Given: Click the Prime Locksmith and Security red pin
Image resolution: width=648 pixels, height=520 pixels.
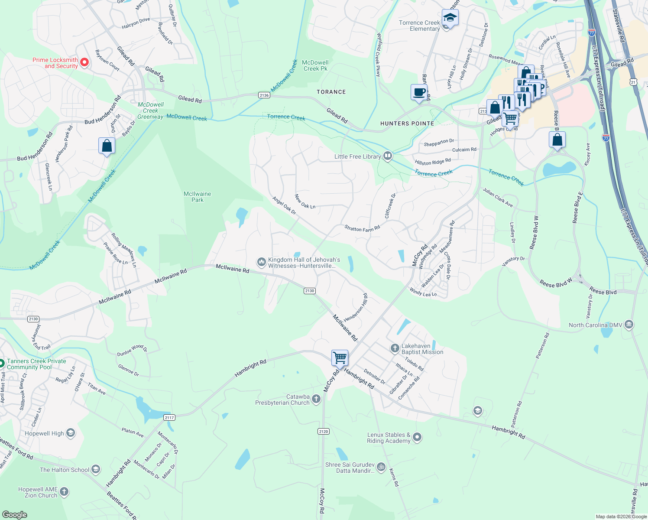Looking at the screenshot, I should coord(85,62).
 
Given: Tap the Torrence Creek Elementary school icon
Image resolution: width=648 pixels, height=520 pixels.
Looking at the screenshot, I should coord(450,18).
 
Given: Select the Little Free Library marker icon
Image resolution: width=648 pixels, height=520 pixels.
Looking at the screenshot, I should coord(388,156).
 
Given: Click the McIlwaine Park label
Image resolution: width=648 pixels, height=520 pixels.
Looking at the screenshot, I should coord(198,197).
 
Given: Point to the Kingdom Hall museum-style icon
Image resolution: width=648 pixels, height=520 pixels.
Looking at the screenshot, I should coord(261,262).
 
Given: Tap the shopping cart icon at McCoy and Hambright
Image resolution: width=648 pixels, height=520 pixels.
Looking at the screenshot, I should coord(340,357).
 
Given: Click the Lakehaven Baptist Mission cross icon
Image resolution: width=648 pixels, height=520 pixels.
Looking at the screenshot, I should coord(395,348).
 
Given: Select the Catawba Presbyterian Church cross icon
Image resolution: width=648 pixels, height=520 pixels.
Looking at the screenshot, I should coord(316,399).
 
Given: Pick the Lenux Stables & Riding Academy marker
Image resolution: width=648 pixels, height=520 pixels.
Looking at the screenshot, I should coord(417,437).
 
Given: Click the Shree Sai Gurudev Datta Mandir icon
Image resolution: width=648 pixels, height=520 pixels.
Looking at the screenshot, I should coord(381,467).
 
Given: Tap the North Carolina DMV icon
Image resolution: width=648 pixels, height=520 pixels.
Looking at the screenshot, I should coord(629,324).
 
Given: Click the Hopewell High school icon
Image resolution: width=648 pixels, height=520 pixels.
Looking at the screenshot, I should coord(71,433).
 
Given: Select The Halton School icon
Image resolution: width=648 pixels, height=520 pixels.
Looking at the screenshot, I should coord(96,469).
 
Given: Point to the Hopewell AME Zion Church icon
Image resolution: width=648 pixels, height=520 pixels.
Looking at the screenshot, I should coord(64,491).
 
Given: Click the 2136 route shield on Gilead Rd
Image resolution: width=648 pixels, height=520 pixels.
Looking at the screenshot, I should coord(264,95).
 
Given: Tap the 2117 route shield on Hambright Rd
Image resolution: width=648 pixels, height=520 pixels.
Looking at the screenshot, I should coord(169,417).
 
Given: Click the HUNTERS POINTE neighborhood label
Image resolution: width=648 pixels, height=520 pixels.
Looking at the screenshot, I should coord(407,123).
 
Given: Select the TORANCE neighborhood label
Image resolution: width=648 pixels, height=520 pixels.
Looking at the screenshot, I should coord(331,92).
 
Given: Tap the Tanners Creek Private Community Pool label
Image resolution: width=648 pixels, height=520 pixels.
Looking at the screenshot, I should coord(36,364).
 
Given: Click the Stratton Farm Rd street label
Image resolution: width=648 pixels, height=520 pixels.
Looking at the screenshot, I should coord(362,228).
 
